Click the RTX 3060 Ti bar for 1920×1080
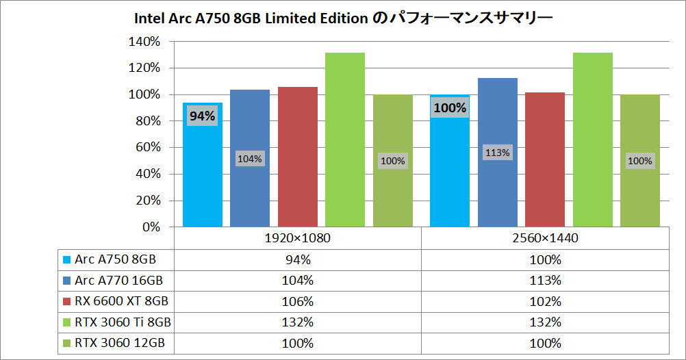click(x=345, y=140)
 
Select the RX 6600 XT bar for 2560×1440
click(x=545, y=159)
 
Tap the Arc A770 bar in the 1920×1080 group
click(x=250, y=158)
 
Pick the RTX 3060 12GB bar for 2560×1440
click(x=640, y=161)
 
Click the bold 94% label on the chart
click(x=202, y=116)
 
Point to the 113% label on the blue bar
click(x=498, y=153)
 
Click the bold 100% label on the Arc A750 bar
click(x=450, y=107)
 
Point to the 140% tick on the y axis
click(x=144, y=42)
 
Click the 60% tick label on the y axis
click(x=148, y=147)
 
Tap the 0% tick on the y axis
click(x=151, y=227)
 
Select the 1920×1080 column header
click(x=298, y=238)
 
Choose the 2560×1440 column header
click(x=545, y=238)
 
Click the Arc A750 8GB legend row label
click(x=115, y=259)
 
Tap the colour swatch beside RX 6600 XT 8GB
click(x=67, y=301)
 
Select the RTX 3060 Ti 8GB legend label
click(x=123, y=322)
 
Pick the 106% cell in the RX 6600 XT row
click(x=298, y=301)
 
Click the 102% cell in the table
click(x=545, y=301)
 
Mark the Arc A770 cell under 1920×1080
click(x=298, y=281)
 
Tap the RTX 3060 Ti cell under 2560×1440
click(x=545, y=322)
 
